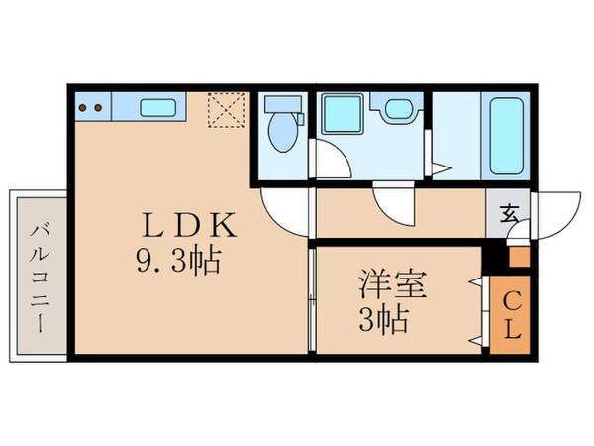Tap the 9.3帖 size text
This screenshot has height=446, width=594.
(177, 263)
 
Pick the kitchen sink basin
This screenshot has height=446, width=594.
(157, 106)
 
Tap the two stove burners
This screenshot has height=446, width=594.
(92, 107)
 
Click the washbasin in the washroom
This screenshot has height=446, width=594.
(398, 111)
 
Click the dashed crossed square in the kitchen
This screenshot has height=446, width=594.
(225, 115)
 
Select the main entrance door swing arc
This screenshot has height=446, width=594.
(555, 212)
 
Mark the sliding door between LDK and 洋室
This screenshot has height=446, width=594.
(312, 297)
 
